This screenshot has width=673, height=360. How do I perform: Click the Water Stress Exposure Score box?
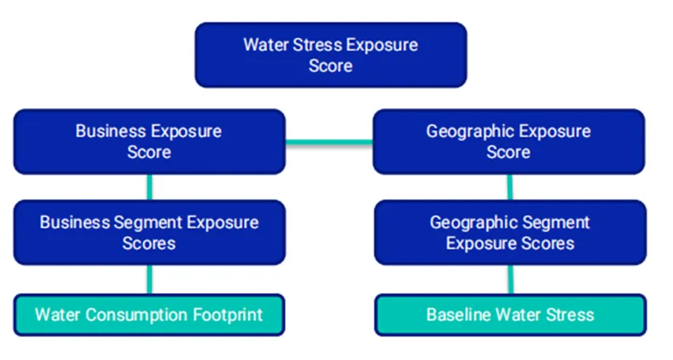click(x=330, y=55)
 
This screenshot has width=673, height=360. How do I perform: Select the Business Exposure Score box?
click(x=149, y=141)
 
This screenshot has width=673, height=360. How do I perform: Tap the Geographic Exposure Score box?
click(x=509, y=141)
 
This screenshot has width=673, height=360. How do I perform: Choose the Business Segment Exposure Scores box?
click(x=149, y=232)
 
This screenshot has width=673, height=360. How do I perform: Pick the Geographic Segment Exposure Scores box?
click(x=510, y=232)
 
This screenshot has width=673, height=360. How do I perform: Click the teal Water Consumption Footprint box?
click(x=149, y=314)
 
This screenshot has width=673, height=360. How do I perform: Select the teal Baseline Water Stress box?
click(x=510, y=314)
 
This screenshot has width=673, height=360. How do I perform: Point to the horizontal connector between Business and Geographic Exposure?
click(x=329, y=142)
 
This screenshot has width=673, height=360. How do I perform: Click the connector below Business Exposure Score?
click(x=149, y=187)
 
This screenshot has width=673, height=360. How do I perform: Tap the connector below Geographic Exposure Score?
click(x=510, y=187)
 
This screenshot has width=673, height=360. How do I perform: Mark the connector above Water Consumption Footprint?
click(x=149, y=279)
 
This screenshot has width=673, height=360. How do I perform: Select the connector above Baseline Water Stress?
click(x=511, y=279)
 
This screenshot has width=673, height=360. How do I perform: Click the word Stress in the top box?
click(x=318, y=45)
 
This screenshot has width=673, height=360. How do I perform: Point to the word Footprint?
click(x=227, y=315)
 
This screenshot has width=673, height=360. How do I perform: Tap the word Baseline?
click(x=454, y=314)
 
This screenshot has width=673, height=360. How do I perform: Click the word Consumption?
click(x=137, y=315)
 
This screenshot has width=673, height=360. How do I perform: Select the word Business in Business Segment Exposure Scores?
click(x=75, y=223)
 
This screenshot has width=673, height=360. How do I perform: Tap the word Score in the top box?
click(x=330, y=66)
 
